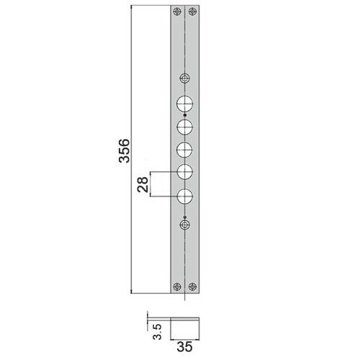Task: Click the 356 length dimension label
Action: point(125,150)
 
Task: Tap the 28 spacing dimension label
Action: point(143,184)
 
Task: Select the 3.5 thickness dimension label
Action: point(157,331)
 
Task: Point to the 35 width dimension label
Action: point(184,347)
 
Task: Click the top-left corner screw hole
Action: point(177,12)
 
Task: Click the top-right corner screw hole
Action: point(192,12)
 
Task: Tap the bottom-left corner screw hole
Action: point(177,287)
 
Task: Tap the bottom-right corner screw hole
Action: point(192,287)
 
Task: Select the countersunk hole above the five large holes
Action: point(184,78)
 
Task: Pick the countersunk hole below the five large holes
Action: point(184,225)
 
